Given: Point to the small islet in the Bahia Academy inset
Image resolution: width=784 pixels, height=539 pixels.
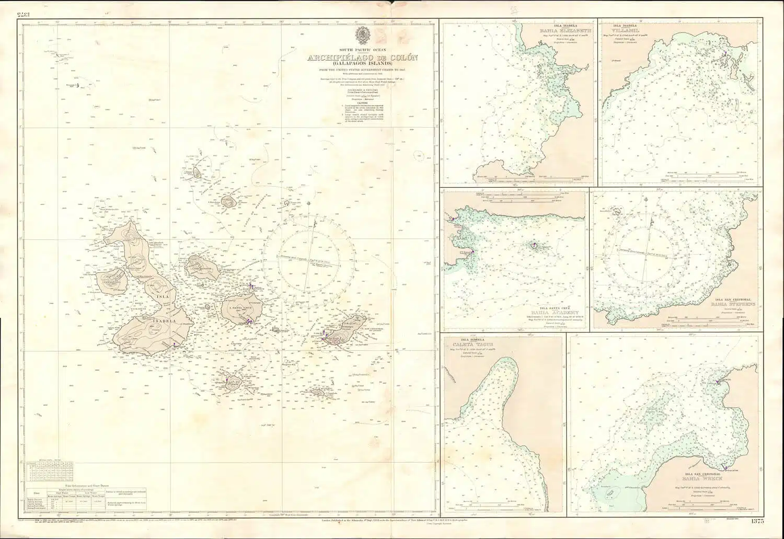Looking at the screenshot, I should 534,246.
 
